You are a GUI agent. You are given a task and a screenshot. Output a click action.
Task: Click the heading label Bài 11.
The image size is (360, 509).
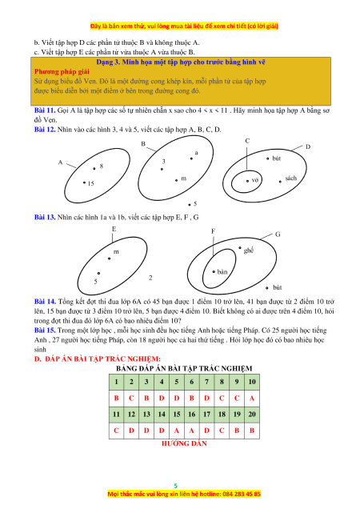click(45, 110)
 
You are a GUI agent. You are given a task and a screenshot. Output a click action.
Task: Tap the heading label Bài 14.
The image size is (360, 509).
click(45, 302)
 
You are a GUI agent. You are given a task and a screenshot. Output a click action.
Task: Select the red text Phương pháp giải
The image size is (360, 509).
click(62, 72)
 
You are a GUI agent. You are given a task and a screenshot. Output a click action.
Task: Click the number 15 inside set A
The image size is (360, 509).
click(91, 183)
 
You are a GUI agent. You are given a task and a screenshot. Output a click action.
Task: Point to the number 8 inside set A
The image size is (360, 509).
click(102, 166)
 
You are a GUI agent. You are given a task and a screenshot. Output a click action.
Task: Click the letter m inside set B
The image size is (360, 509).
click(184, 178)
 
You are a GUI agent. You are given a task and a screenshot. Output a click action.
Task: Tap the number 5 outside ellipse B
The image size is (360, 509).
click(195, 204)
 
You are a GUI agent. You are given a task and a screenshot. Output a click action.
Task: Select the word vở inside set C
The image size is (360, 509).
click(255, 180)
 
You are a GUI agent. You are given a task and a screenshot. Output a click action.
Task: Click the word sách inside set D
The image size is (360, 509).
click(291, 178)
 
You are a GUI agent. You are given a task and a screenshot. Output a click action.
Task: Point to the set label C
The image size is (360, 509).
click(247, 141)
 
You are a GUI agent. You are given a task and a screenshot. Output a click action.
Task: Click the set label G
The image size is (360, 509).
click(278, 234)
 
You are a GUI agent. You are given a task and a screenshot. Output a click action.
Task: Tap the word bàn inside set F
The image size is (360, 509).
click(222, 272)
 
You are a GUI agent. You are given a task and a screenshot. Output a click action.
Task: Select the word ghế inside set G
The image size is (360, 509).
click(249, 250)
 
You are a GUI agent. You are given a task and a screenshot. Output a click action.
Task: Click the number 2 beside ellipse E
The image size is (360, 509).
click(150, 278)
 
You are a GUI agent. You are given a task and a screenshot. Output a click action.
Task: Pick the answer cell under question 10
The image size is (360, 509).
click(252, 399)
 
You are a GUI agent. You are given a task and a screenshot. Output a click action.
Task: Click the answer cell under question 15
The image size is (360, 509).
click(177, 431)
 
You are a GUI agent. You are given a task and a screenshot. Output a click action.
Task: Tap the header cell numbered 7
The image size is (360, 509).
click(206, 382)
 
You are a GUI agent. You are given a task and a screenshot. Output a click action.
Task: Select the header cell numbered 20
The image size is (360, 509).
click(252, 415)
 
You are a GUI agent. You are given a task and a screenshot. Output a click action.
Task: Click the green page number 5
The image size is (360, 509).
click(176, 486)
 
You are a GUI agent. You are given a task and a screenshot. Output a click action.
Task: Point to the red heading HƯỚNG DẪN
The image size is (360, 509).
click(184, 443)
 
